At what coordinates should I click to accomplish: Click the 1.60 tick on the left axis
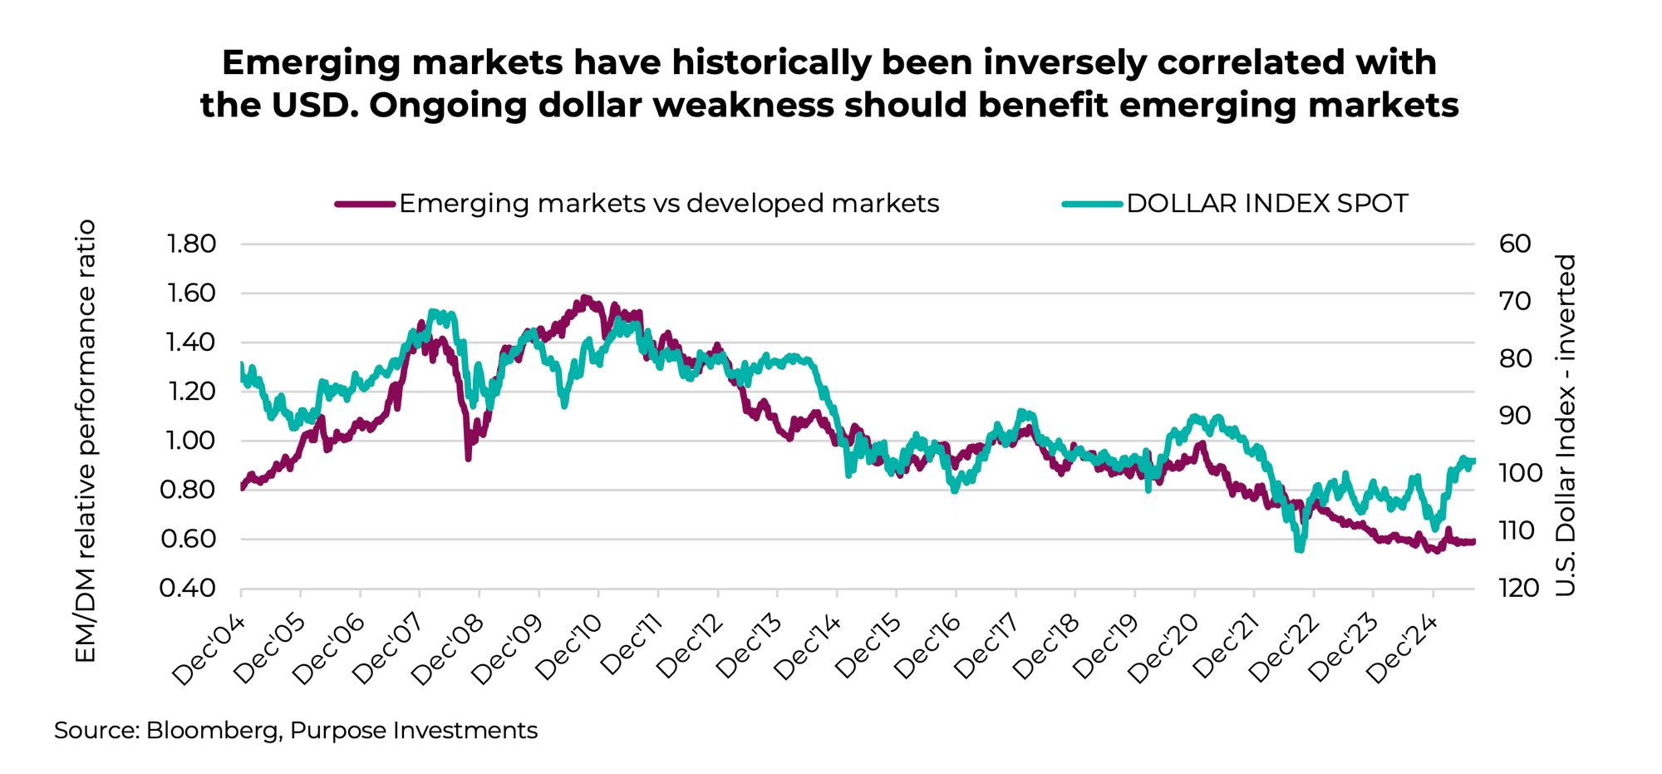(x=191, y=293)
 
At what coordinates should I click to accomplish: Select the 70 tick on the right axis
(x=1516, y=301)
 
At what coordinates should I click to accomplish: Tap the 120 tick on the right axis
(x=1520, y=589)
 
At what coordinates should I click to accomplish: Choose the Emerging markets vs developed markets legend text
(x=669, y=204)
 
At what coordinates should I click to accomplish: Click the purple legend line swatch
(x=364, y=204)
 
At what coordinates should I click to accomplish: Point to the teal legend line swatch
(x=1092, y=204)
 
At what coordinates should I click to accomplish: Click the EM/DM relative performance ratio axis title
(x=86, y=441)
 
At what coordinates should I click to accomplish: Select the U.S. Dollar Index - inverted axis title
(x=1566, y=425)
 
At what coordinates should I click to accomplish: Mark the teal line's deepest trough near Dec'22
(x=1299, y=549)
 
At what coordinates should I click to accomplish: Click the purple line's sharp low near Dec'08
(x=468, y=457)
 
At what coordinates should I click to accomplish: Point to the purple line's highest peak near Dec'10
(x=585, y=298)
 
